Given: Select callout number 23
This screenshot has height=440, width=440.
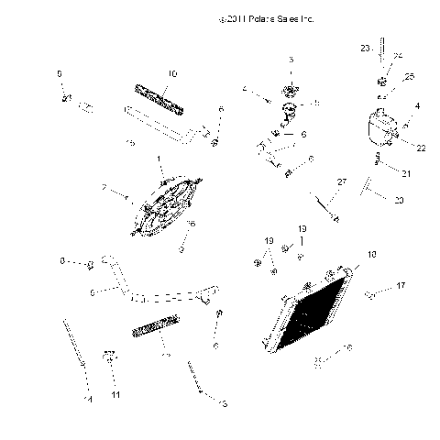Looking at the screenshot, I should (364, 47).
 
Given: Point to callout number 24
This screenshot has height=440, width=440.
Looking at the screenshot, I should (397, 57).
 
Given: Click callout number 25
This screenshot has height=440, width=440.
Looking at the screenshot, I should (409, 76).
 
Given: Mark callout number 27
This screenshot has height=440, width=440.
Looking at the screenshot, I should (341, 182).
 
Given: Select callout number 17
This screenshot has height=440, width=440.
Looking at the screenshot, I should (401, 286).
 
